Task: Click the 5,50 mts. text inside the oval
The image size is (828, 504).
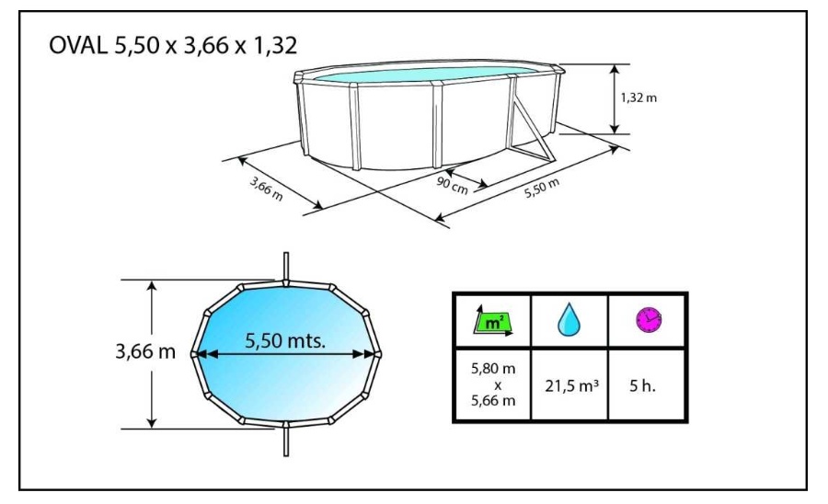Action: (x=288, y=339)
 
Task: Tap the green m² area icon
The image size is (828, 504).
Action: (x=490, y=321)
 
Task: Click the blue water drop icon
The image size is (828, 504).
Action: (x=568, y=321)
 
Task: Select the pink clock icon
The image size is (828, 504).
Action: (x=648, y=320)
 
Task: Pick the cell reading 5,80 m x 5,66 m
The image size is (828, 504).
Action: (x=490, y=385)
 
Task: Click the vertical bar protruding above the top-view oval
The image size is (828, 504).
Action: (x=286, y=266)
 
